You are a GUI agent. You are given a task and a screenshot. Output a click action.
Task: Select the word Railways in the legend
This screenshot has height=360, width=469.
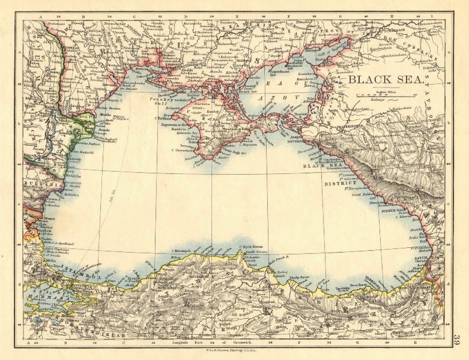[366, 99]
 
